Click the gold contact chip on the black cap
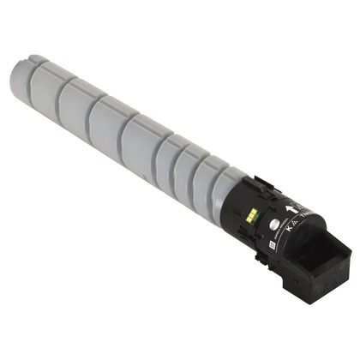point(250,207)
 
